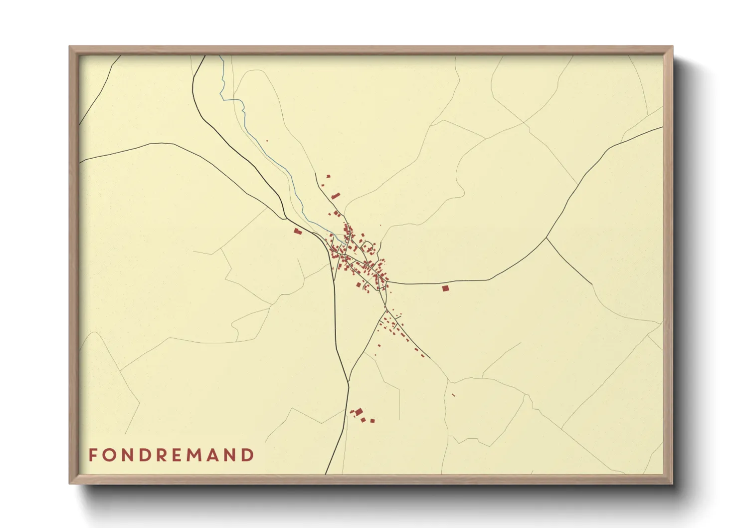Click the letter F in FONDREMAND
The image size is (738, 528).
[93, 455]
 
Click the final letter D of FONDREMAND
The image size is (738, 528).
[248, 455]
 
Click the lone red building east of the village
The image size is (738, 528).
[445, 288]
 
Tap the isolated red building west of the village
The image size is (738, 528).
[298, 231]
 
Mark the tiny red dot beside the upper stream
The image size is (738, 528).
[267, 141]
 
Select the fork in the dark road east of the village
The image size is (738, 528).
[547, 238]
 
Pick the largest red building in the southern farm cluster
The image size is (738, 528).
[359, 412]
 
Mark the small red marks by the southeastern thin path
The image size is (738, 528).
[453, 395]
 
